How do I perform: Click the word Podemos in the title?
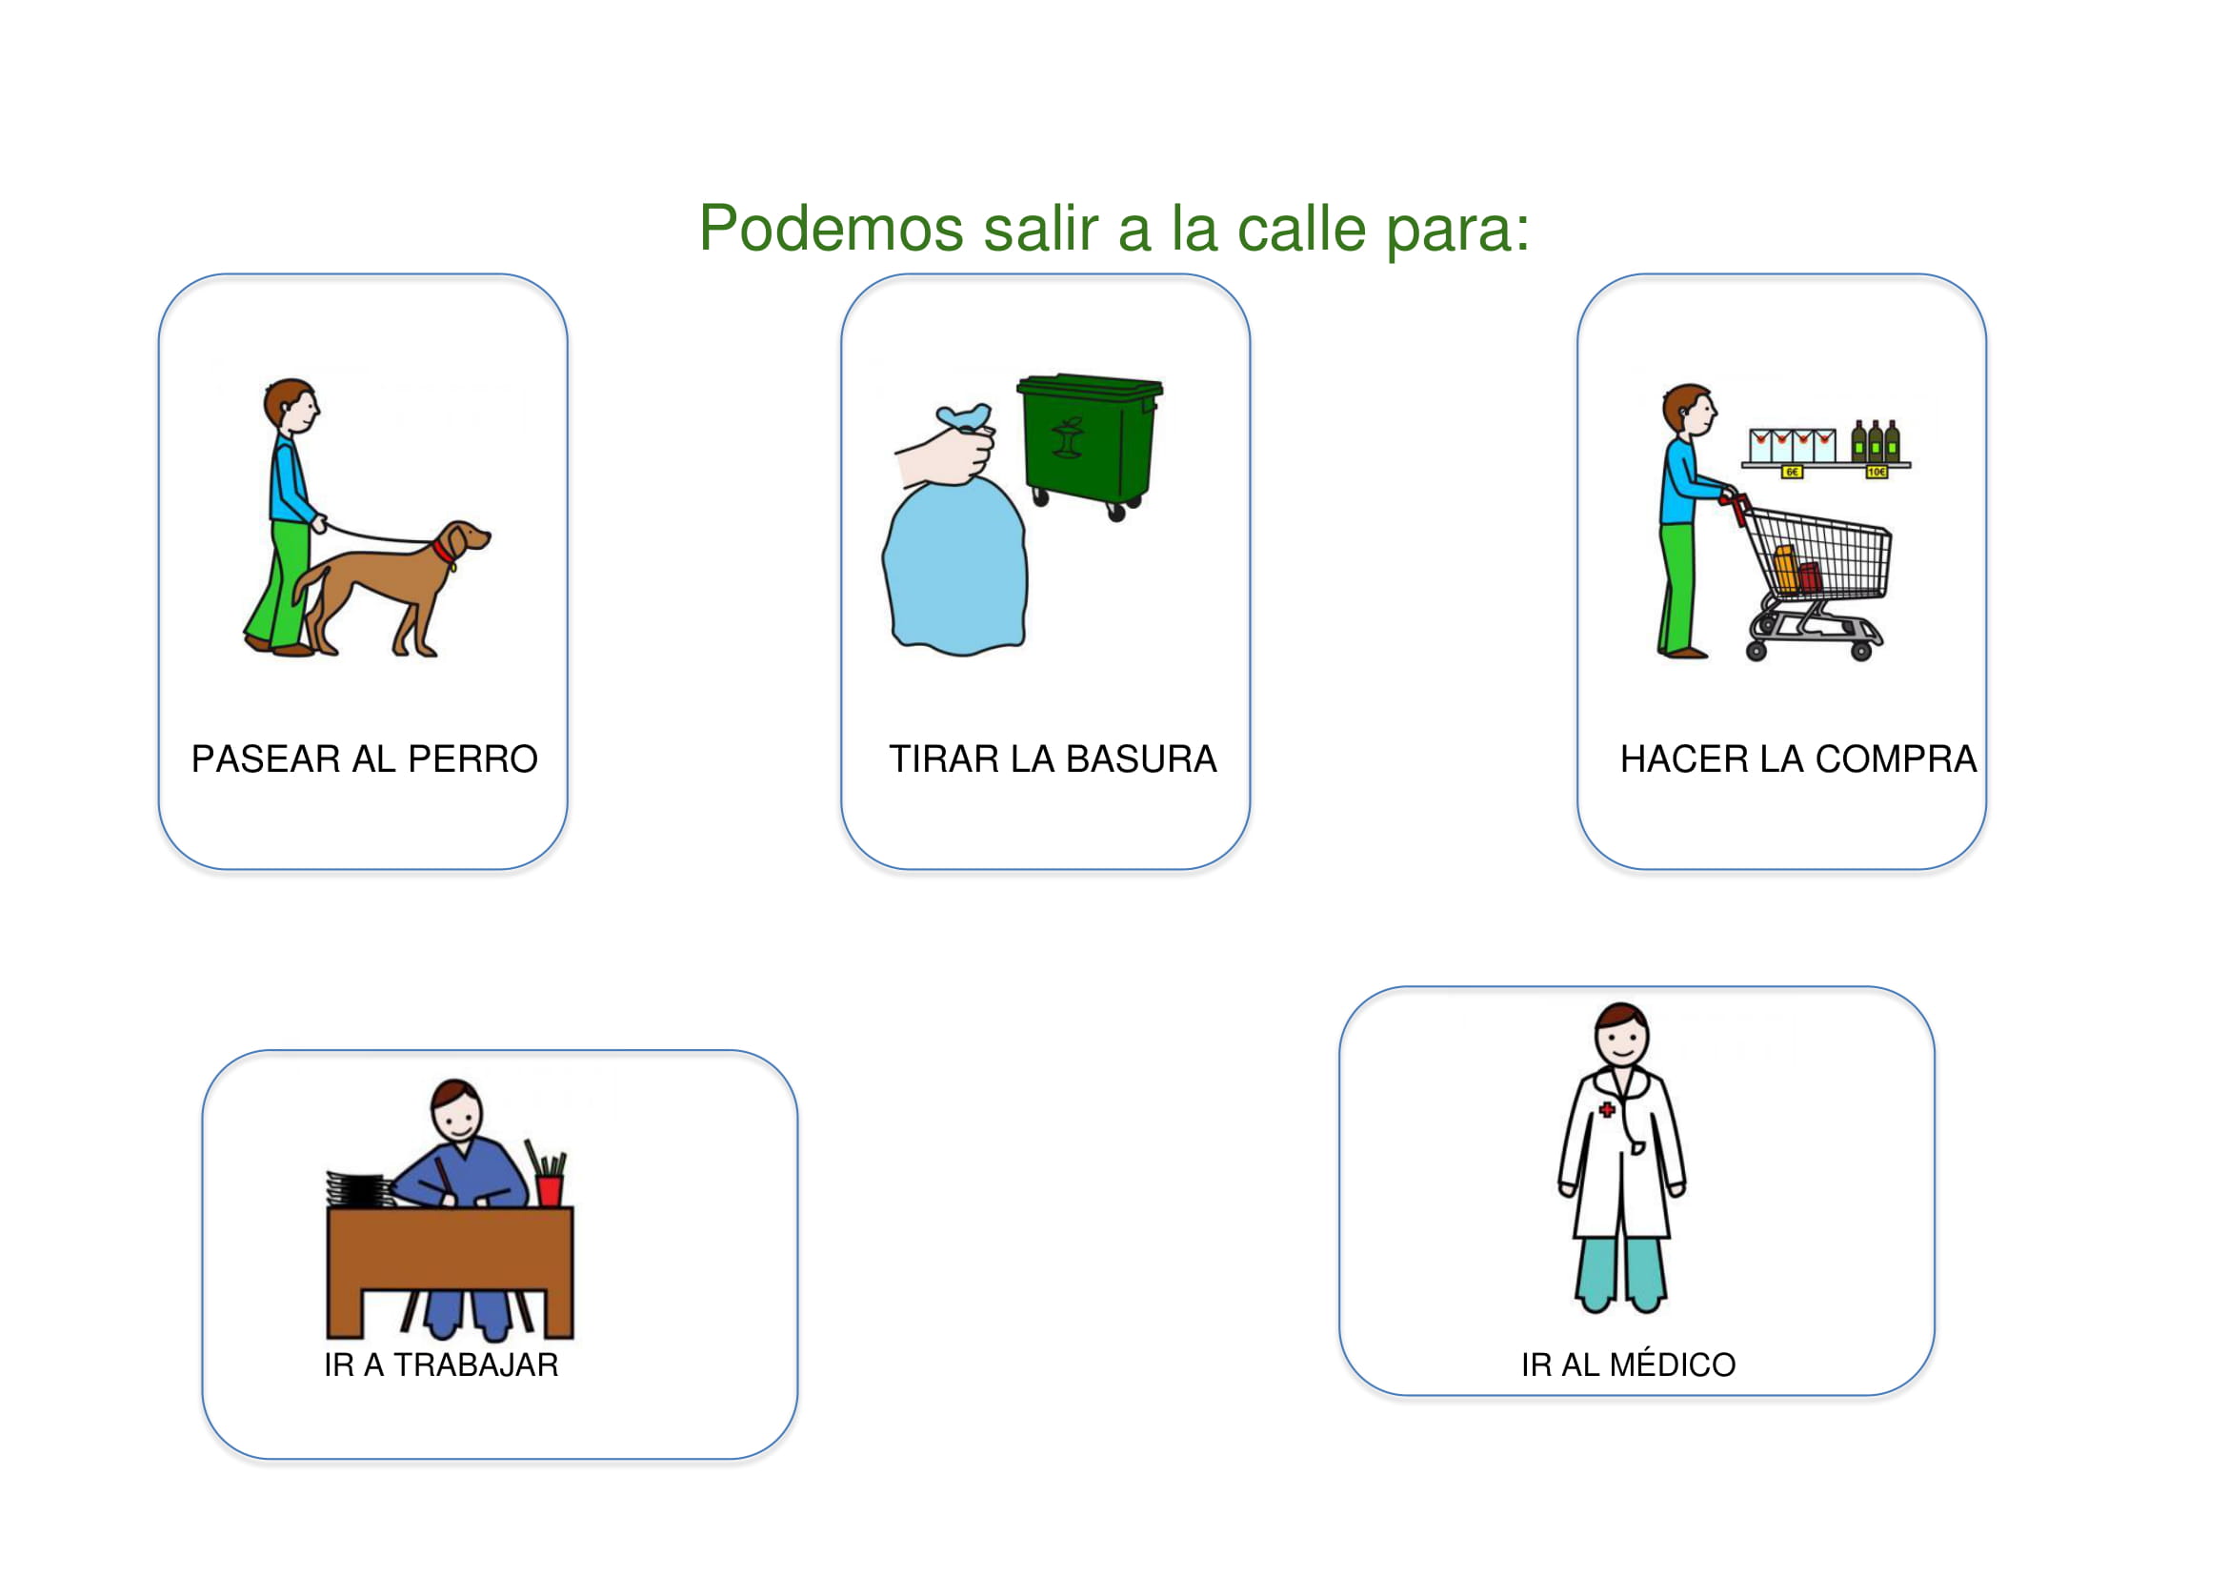coord(831,229)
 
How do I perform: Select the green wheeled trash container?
coord(1089,445)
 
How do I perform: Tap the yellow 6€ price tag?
coord(1792,472)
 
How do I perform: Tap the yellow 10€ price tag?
coord(1877,472)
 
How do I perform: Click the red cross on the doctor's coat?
coord(1607,1109)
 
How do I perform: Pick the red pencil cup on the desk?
coord(550,1190)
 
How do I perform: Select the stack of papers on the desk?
coord(359,1190)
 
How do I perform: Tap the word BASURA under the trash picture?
coord(1141,758)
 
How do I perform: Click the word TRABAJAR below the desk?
coord(475,1365)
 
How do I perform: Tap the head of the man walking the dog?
coord(292,405)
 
